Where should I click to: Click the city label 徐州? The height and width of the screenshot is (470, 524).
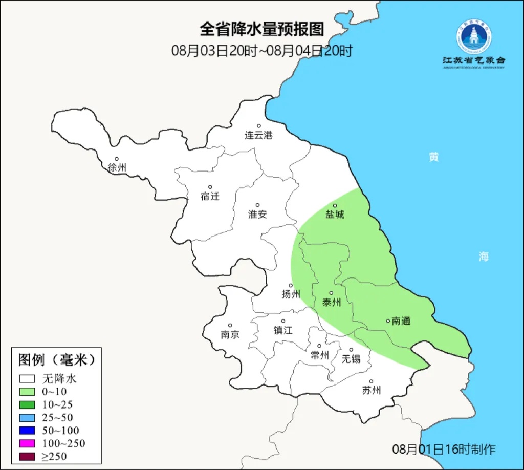(117, 167)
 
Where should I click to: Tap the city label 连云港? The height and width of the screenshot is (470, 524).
(258, 136)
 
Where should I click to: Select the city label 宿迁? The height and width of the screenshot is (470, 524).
(210, 196)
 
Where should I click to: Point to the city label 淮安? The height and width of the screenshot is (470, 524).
(257, 215)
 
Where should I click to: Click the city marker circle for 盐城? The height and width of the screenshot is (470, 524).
(335, 206)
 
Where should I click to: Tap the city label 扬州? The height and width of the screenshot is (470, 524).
(291, 294)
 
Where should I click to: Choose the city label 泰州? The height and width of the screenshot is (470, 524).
(331, 303)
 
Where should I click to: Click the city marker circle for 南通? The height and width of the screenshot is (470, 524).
(388, 321)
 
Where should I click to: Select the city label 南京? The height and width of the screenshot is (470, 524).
(230, 335)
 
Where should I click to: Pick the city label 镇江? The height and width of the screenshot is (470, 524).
(282, 330)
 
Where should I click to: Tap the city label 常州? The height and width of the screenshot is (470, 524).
(319, 355)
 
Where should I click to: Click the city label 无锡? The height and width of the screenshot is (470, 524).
(351, 358)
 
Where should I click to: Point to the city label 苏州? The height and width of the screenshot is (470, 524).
(371, 391)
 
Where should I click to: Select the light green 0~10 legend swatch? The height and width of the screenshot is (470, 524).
(27, 392)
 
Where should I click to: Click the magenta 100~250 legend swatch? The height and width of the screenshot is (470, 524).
(27, 443)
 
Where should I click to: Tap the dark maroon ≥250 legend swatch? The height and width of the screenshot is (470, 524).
(27, 456)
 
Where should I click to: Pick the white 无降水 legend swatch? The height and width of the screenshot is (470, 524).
(27, 379)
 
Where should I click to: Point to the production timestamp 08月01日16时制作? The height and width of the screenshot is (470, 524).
(444, 450)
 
